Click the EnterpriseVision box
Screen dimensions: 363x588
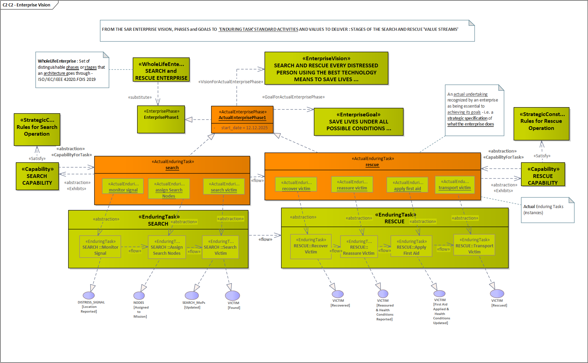[326, 68]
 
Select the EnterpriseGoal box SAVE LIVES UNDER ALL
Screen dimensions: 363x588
[359, 122]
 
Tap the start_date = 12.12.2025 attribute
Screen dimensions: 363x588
[244, 128]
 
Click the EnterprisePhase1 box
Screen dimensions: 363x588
[161, 119]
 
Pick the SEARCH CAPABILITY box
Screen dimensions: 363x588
[37, 176]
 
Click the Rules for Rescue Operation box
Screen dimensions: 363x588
[541, 124]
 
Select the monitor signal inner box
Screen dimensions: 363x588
[123, 186]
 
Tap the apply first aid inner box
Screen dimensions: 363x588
[407, 185]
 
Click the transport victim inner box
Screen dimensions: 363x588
[455, 185]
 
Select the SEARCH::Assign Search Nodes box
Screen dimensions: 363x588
[167, 247]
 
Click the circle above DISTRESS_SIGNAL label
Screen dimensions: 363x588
[89, 296]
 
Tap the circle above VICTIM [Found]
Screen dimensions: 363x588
[232, 296]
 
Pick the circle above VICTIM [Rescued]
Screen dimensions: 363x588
[497, 294]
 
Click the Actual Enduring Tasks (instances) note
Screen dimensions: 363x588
[547, 210]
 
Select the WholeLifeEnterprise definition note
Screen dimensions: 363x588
[72, 70]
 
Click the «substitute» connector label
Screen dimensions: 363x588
[140, 97]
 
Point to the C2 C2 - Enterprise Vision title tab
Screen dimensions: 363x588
[27, 5]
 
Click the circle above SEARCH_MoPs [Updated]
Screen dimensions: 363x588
[192, 296]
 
